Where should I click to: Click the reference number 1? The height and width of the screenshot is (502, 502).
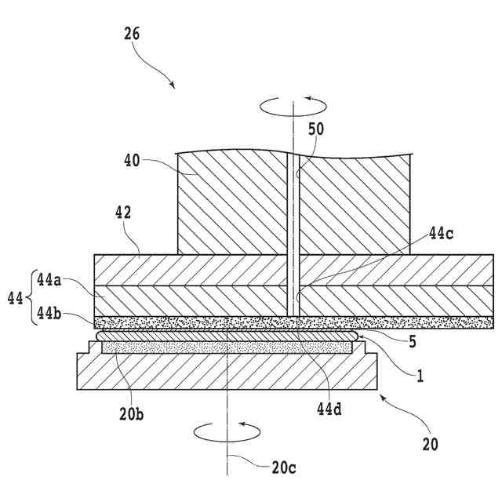[420, 376]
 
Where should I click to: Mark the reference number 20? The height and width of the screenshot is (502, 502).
[430, 444]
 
